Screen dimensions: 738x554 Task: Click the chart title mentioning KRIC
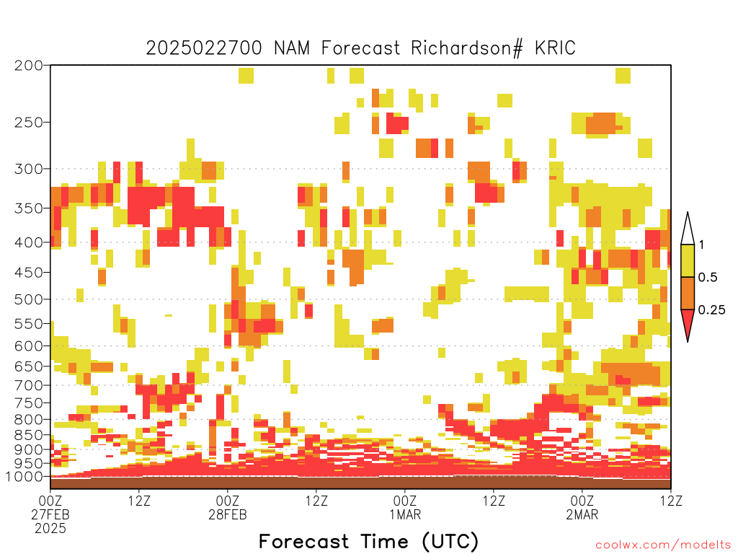click(360, 48)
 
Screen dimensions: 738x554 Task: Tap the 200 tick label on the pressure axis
click(29, 66)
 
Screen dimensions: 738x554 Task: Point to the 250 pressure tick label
click(29, 123)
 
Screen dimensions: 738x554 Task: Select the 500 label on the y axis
click(29, 299)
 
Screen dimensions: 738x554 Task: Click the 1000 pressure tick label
click(25, 476)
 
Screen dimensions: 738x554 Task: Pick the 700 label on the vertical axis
click(29, 385)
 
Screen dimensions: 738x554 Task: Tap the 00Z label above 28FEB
click(227, 501)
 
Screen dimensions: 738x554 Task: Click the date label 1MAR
click(405, 514)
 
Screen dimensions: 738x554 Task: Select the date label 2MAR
click(582, 514)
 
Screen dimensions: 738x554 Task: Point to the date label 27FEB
click(50, 514)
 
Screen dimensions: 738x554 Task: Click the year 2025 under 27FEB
click(50, 529)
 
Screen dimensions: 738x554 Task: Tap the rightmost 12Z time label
click(670, 501)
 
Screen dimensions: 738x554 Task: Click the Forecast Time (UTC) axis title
click(368, 541)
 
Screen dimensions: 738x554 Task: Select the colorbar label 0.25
click(711, 309)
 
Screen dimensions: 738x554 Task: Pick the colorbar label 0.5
click(708, 277)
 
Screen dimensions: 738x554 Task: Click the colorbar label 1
click(701, 245)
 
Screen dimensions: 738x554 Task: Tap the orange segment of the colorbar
click(688, 293)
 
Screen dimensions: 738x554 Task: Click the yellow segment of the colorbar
click(688, 260)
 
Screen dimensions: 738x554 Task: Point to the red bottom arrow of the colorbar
click(688, 322)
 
